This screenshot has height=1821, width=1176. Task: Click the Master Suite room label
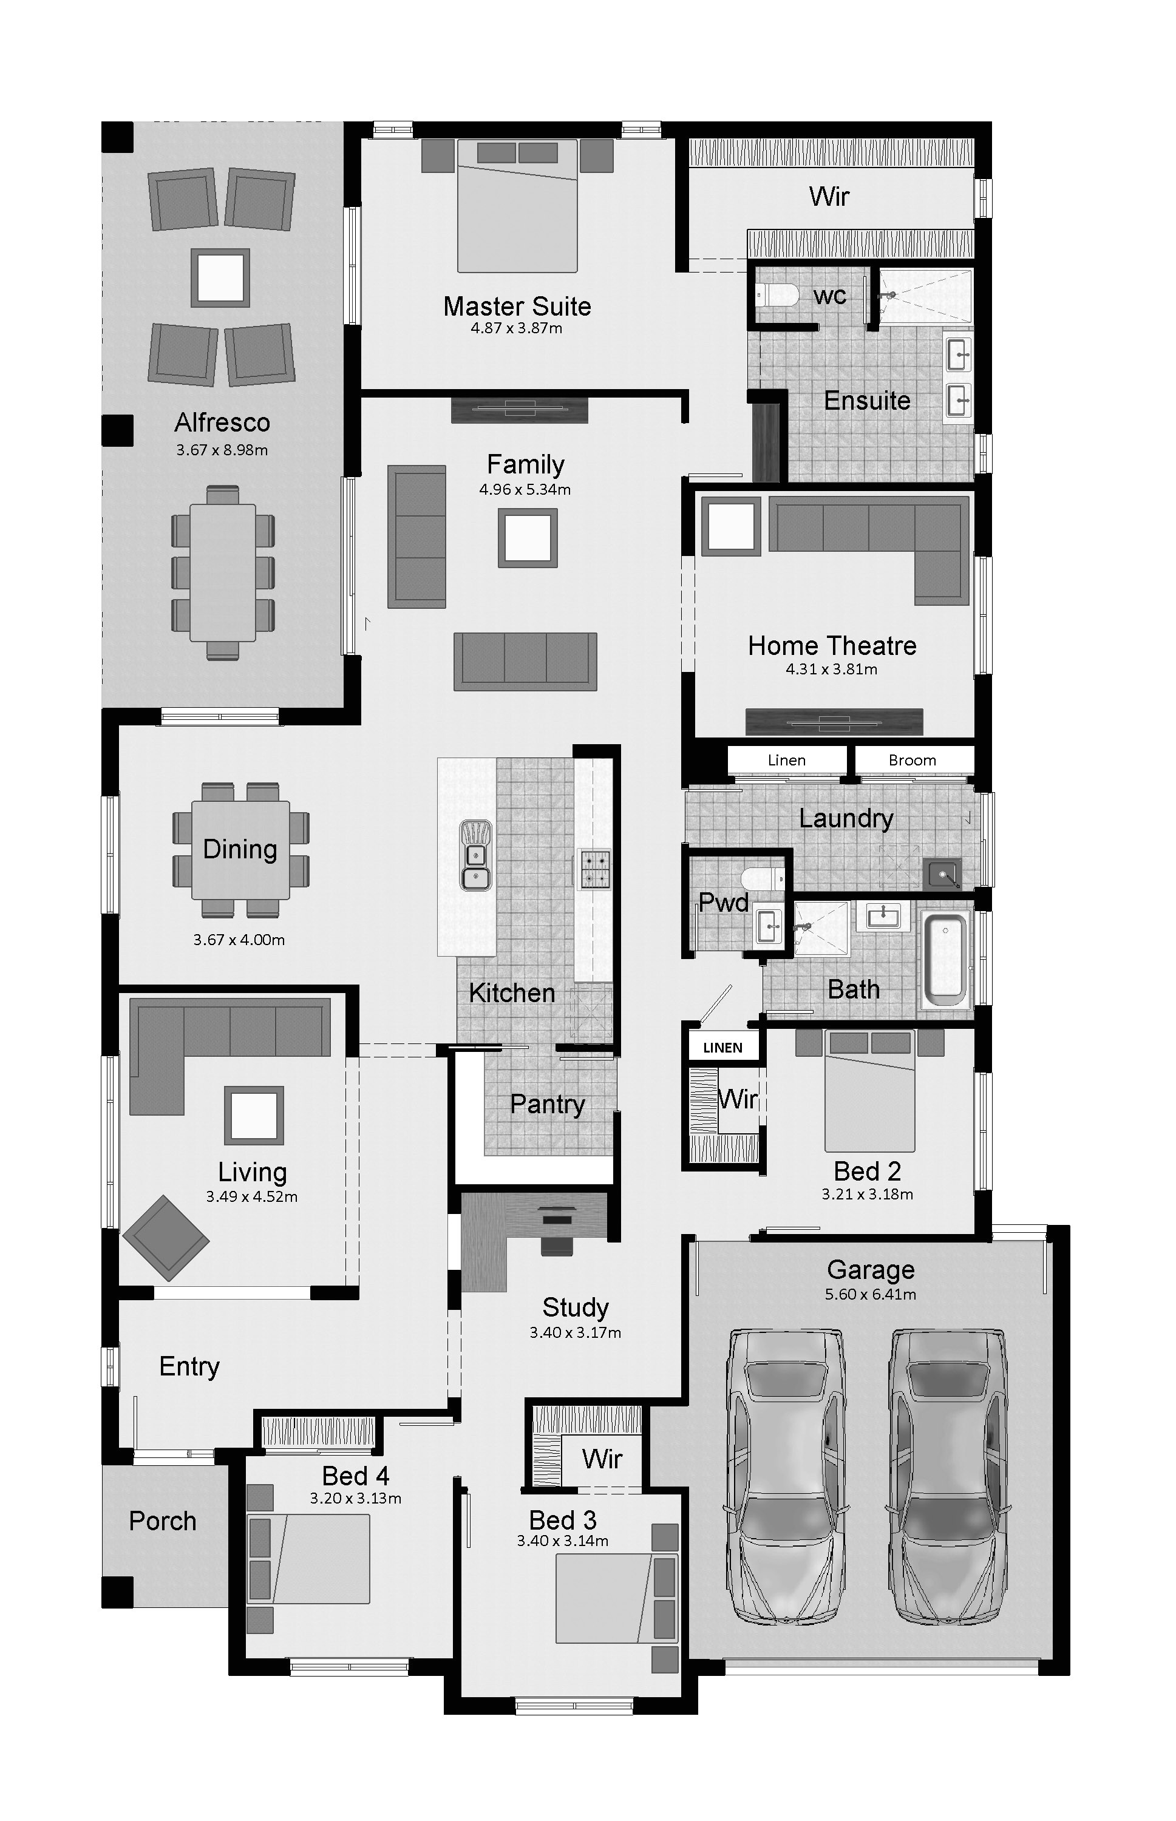[x=517, y=306]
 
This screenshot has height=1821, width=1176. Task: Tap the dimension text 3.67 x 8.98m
[x=222, y=450]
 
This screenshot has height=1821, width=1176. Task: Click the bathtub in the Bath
[x=945, y=959]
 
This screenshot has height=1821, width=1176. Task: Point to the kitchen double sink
[x=475, y=855]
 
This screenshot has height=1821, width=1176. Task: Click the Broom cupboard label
[x=912, y=761]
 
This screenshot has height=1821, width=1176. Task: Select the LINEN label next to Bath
[x=722, y=1048]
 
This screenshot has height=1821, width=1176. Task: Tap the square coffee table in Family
[x=528, y=538]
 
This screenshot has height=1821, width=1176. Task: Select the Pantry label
[x=547, y=1104]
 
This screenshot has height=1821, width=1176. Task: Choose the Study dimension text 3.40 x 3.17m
[x=575, y=1333]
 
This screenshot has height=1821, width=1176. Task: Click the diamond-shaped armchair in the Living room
[x=166, y=1238]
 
